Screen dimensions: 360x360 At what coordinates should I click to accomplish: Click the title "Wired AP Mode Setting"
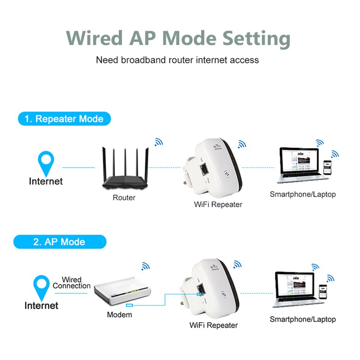tap(178, 38)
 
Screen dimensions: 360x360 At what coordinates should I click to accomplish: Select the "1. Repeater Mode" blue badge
tap(64, 119)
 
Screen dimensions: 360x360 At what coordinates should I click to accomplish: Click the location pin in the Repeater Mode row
tap(46, 163)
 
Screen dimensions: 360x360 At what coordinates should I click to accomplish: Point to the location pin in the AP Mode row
tap(42, 287)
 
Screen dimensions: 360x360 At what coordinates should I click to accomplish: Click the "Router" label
tap(124, 198)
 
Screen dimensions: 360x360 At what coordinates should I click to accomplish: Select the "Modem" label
tap(119, 315)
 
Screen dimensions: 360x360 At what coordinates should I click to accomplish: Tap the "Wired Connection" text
tap(72, 283)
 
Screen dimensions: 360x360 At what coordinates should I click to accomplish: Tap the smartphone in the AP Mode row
tap(323, 292)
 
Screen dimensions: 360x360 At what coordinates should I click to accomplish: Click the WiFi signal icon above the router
tap(158, 142)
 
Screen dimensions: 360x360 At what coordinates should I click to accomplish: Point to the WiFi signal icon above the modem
tap(145, 266)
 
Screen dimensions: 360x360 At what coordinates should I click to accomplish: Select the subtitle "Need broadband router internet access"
tap(177, 60)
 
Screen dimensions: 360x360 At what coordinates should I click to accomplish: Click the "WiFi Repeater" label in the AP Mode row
tap(214, 325)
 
